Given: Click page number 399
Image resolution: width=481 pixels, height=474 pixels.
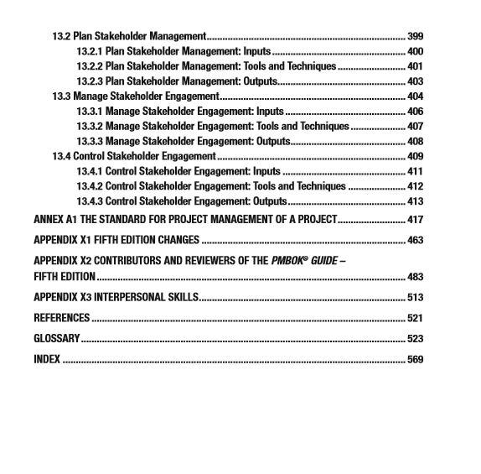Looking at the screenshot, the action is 414,37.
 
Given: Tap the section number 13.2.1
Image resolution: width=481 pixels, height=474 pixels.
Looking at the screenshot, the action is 91,52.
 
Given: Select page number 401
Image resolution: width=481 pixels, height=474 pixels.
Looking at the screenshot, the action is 414,66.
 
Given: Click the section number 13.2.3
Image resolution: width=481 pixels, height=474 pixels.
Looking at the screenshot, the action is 91,81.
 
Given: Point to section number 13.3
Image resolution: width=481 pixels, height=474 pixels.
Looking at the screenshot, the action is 61,96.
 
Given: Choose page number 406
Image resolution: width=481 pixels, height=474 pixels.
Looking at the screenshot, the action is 414,112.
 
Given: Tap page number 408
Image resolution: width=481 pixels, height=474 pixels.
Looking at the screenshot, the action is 414,141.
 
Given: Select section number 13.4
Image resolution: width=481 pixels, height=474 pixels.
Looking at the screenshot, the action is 61,156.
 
